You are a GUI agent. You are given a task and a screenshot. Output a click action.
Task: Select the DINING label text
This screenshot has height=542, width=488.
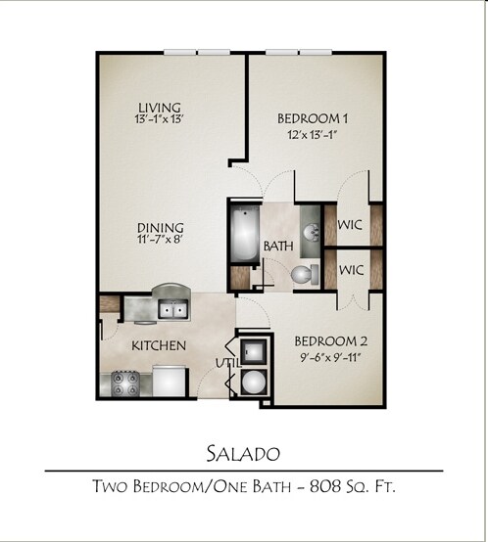coord(160,228)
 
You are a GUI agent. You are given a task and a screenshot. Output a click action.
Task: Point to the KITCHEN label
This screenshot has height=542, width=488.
coord(159,345)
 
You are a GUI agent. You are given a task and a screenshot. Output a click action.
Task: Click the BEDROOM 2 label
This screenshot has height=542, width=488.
coord(331,341)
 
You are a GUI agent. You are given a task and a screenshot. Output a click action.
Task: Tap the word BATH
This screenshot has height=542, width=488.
coord(276,247)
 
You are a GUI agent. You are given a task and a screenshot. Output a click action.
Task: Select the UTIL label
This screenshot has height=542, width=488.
coord(226,363)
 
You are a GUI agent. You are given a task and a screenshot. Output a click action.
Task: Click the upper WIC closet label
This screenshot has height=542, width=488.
coord(351,225)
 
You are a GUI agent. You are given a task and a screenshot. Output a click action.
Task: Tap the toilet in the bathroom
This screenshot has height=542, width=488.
coord(306,275)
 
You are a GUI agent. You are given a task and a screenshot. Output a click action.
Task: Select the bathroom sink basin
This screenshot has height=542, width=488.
coord(310,232)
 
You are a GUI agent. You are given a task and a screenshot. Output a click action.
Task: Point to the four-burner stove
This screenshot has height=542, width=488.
coord(124,380)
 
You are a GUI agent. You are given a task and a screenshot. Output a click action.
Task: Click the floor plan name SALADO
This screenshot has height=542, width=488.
coord(243,453)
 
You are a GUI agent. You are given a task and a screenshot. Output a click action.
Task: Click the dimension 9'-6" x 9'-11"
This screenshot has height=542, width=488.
coord(331,358)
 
